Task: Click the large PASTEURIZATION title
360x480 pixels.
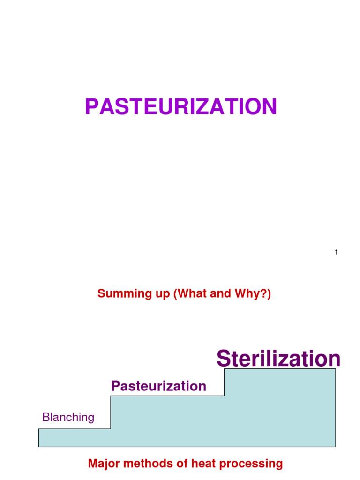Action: point(181,107)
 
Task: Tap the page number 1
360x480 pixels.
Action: point(336,253)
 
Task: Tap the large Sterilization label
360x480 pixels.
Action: point(278,359)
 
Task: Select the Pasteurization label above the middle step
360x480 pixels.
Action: point(158,386)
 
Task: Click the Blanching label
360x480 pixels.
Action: point(68,417)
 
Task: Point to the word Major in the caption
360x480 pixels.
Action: point(104,464)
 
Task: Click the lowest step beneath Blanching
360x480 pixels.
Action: point(74,438)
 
